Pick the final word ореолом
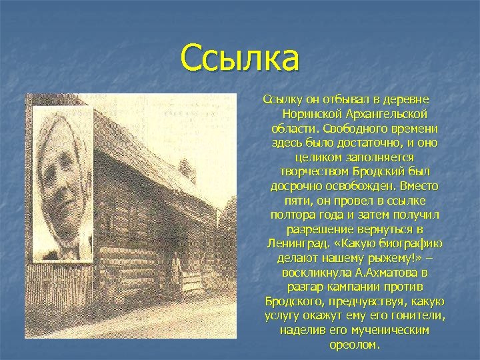354,345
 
